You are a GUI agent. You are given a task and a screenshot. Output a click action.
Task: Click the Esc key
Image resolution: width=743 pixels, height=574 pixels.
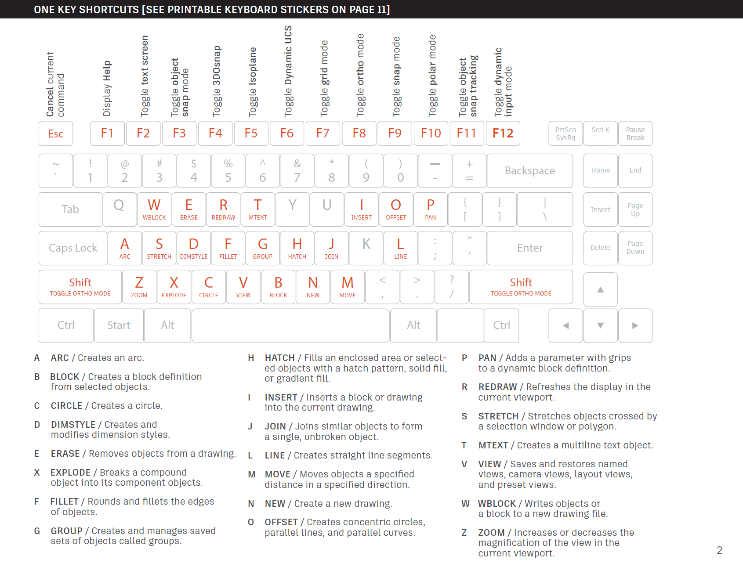pos(56,134)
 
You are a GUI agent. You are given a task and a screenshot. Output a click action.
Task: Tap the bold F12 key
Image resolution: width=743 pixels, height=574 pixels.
pos(503,134)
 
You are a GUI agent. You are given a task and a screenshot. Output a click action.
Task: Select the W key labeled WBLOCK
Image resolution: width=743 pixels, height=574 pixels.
pos(154,209)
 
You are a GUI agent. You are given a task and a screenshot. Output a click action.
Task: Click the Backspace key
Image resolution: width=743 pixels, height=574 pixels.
pos(530,171)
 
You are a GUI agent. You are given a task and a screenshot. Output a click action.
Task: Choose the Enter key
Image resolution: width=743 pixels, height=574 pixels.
pos(530,248)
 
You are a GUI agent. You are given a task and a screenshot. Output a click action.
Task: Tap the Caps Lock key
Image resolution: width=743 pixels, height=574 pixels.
pos(73,248)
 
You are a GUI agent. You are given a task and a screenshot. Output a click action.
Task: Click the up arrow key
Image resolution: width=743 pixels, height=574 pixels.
pos(601,289)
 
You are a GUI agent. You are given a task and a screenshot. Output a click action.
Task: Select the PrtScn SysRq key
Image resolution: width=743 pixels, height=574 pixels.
pos(565,134)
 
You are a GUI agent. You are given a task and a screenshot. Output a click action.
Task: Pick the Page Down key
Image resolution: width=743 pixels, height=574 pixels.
pos(635,248)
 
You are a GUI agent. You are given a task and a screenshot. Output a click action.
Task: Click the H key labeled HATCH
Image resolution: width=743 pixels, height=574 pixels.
pos(297,248)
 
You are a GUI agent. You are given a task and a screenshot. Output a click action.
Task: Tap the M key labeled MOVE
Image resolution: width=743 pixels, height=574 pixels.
pos(348,287)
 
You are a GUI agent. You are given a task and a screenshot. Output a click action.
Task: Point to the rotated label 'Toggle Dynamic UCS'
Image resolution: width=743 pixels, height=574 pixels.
pos(288,71)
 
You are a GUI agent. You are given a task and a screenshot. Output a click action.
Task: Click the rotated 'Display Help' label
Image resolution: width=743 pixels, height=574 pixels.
pos(107,88)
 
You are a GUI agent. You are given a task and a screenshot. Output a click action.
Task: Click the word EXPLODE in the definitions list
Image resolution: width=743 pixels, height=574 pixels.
pos(70,473)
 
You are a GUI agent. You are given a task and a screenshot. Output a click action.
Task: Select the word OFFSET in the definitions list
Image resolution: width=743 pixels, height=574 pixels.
pos(281,522)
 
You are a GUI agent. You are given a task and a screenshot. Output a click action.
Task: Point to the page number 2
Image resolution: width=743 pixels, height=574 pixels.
pos(719,550)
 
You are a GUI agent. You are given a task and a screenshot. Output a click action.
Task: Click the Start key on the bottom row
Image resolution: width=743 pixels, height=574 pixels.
pos(119,325)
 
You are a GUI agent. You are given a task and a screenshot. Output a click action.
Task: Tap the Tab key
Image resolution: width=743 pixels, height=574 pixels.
pos(70,209)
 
